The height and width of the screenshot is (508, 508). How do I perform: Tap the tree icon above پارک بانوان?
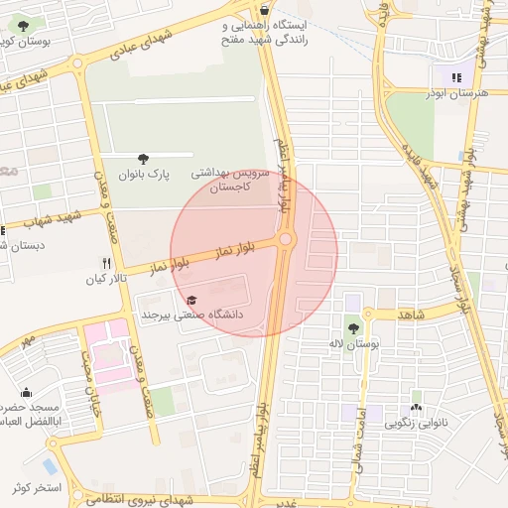pos(145,157)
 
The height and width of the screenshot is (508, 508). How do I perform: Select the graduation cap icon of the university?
pos(191,300)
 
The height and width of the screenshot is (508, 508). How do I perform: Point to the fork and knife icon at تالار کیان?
pos(106,264)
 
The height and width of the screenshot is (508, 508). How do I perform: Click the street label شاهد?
pos(410,314)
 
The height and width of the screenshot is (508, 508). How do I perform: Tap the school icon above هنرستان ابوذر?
pos(456,75)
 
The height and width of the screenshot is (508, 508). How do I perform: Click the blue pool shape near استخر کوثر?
pos(50,465)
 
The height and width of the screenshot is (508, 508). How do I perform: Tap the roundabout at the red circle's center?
pos(286,239)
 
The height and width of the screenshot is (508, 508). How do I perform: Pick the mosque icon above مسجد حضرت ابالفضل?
pos(26,392)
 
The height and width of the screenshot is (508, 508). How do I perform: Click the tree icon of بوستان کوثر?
pos(23,27)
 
